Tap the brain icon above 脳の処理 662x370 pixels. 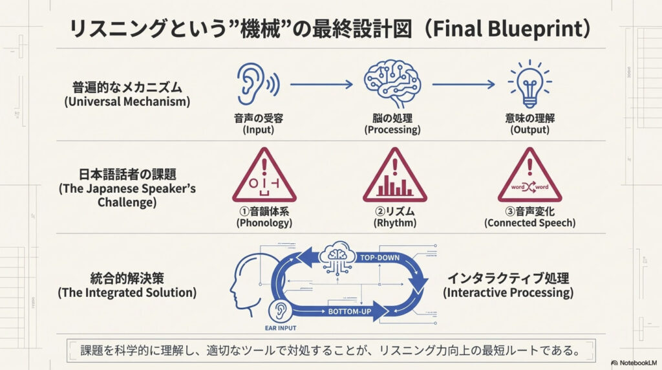392,83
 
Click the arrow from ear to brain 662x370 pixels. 321,84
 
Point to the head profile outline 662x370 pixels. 246,285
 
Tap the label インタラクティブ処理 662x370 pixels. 508,279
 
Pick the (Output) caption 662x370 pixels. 529,129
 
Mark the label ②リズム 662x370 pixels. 394,210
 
